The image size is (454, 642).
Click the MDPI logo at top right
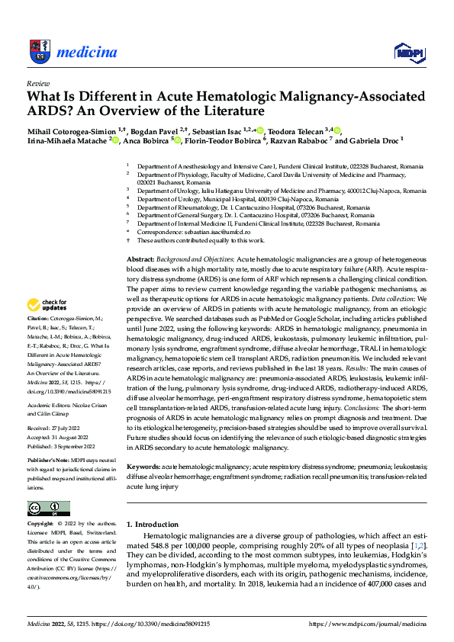pos(407,52)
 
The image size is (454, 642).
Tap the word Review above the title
pos(37,83)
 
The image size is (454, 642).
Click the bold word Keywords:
pos(143,465)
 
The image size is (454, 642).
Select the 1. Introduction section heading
pos(153,525)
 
